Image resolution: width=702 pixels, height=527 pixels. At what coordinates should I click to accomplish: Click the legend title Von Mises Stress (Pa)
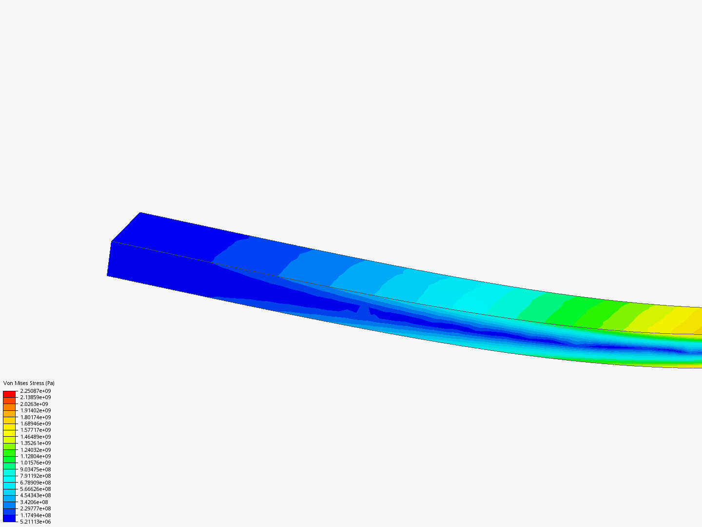(29, 383)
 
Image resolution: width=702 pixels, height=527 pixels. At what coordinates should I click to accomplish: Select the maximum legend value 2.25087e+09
(36, 391)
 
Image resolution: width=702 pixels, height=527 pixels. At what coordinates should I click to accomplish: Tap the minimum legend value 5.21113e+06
(36, 522)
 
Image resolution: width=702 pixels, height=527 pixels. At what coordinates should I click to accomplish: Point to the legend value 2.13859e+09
(36, 397)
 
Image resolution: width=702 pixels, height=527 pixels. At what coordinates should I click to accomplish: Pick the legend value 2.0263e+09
(34, 404)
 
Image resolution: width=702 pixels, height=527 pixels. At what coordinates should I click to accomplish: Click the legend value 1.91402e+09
(36, 410)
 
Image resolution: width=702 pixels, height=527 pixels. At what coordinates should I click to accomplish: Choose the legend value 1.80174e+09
(36, 417)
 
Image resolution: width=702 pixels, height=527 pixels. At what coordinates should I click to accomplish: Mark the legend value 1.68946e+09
(36, 424)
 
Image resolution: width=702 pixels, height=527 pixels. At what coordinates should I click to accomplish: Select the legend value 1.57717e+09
(36, 430)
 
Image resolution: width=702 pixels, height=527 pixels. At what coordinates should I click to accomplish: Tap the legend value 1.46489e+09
(36, 436)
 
